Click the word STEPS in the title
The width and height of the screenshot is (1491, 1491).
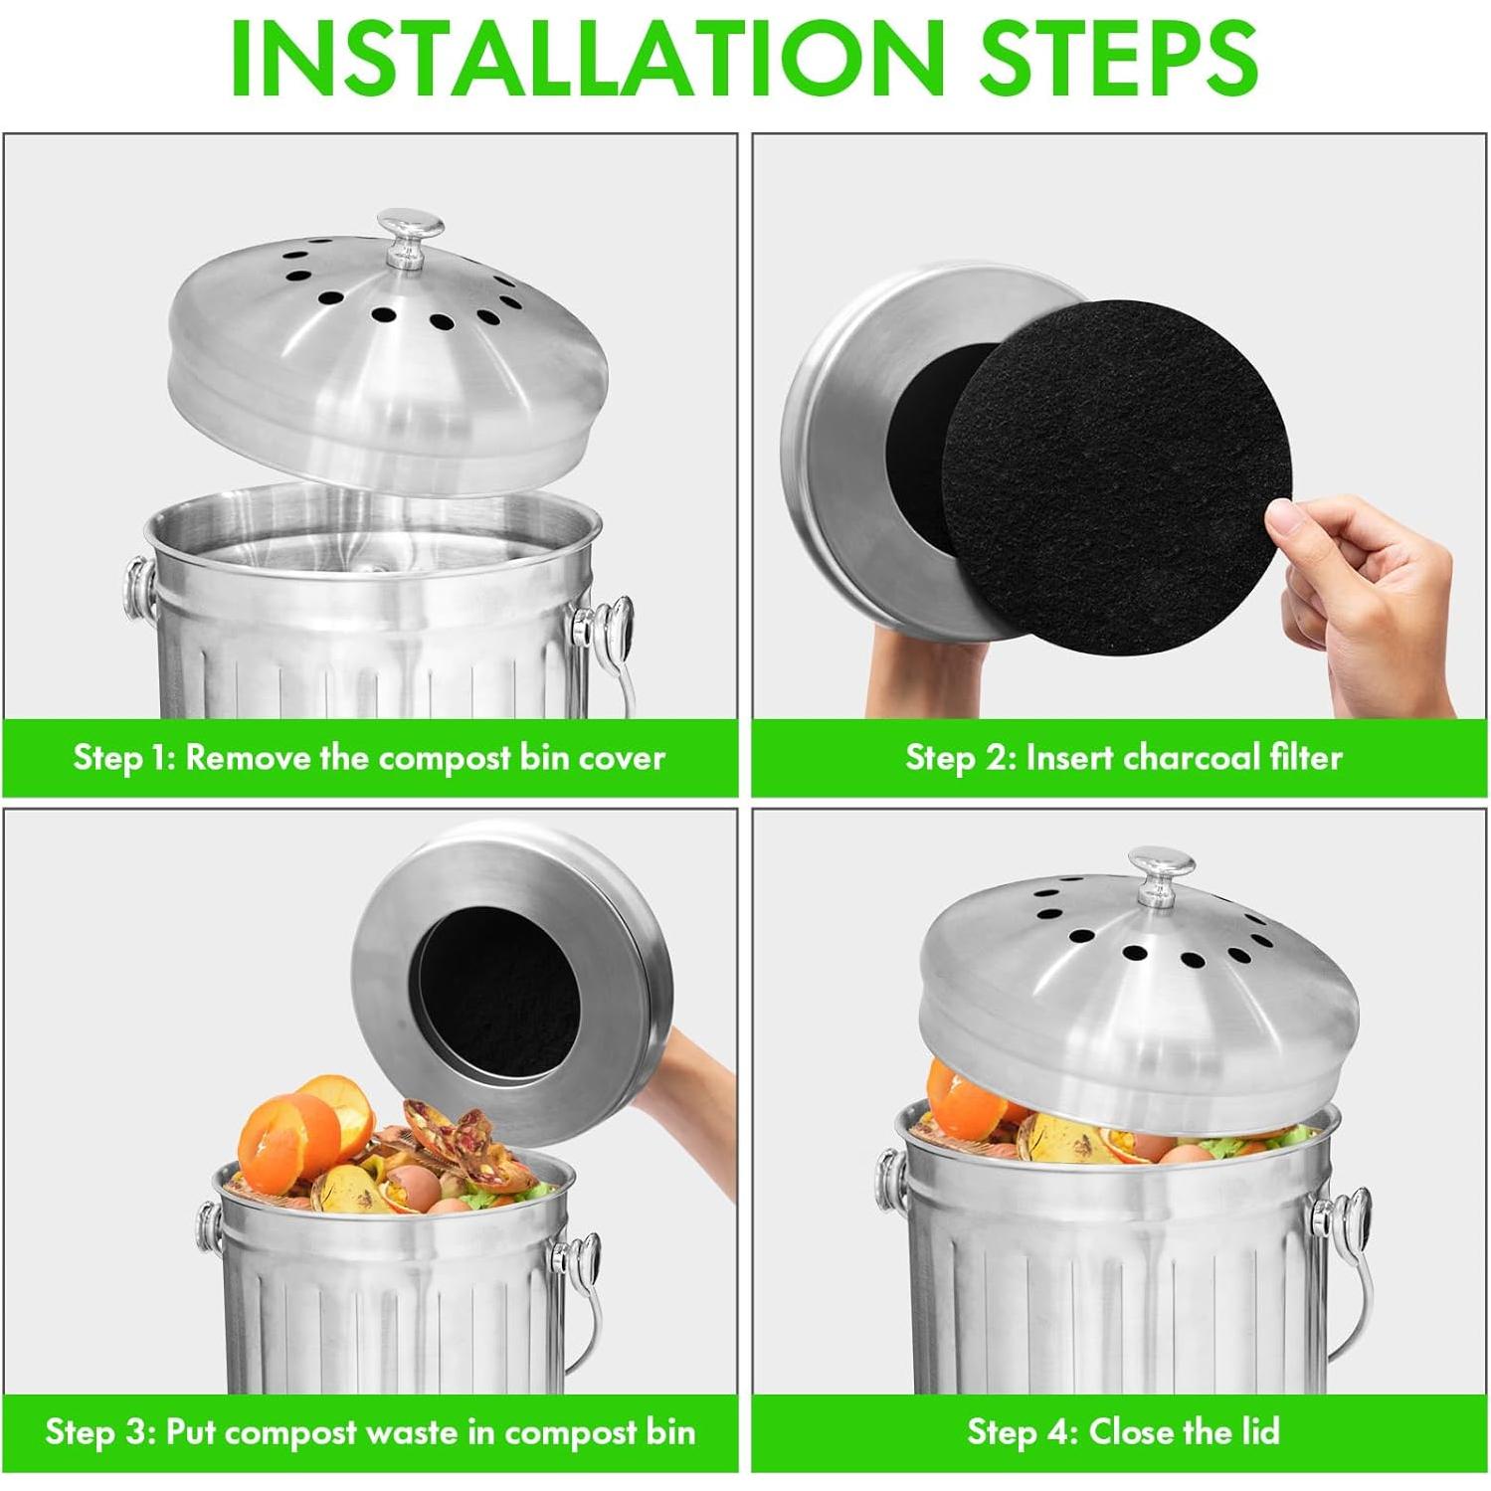click(x=1118, y=57)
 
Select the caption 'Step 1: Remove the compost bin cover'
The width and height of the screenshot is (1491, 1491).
click(x=369, y=758)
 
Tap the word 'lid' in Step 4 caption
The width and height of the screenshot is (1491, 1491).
click(x=1258, y=1432)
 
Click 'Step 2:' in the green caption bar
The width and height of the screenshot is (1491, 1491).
click(x=960, y=758)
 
